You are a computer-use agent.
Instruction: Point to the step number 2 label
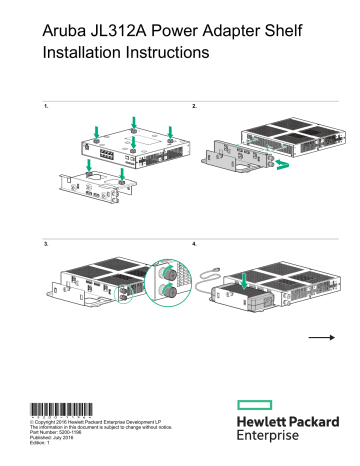pyautogui.click(x=193, y=104)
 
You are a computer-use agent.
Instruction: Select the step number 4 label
pyautogui.click(x=193, y=243)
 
